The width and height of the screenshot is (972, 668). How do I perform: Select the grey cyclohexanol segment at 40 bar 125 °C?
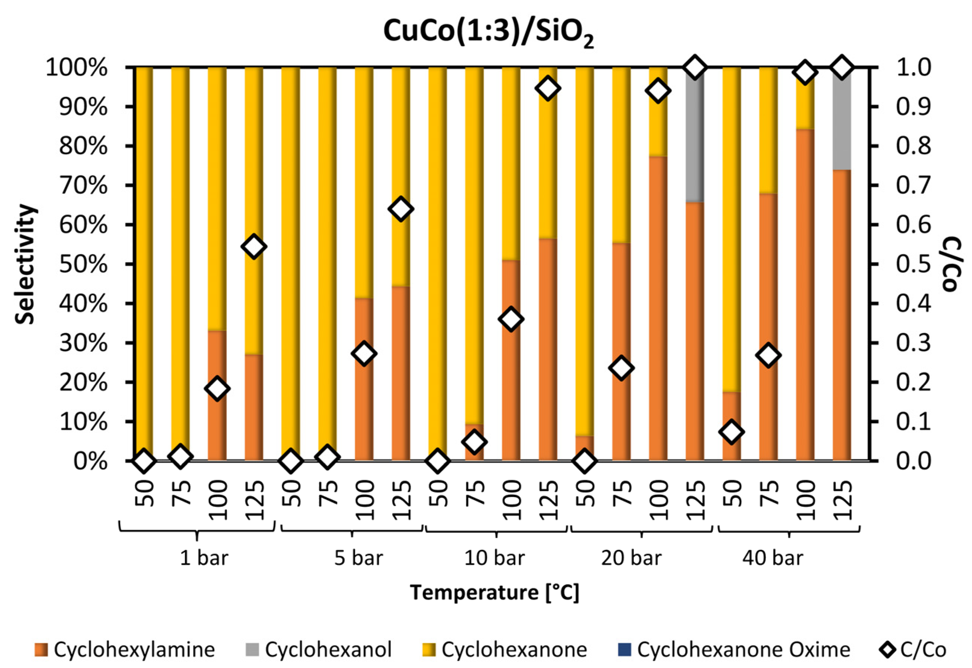pyautogui.click(x=842, y=121)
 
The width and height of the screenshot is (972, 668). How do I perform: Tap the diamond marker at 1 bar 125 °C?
pyautogui.click(x=254, y=246)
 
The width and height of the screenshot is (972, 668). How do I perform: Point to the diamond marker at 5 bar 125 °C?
pyautogui.click(x=401, y=209)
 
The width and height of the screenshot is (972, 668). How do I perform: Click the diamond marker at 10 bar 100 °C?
pyautogui.click(x=511, y=319)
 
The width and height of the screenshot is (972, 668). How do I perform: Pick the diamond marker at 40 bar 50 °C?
pyautogui.click(x=731, y=431)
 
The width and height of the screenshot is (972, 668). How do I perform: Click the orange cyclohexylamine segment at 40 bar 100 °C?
pyautogui.click(x=805, y=293)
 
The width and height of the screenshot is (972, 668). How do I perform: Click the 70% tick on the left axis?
pyautogui.click(x=83, y=186)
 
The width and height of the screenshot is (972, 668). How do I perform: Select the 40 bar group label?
pyautogui.click(x=773, y=558)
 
